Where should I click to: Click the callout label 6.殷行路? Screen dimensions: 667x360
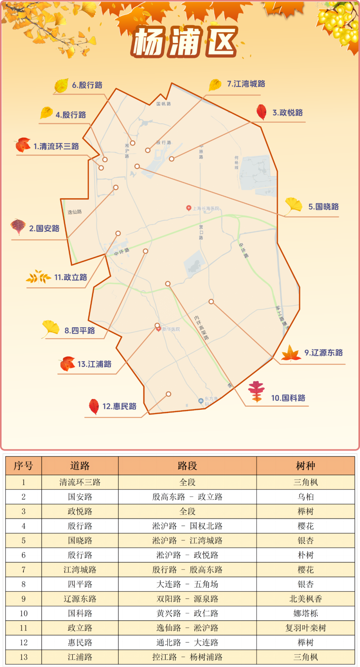click(x=87, y=85)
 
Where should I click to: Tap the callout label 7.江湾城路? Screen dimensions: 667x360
click(x=246, y=84)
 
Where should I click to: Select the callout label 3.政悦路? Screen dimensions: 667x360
click(x=288, y=113)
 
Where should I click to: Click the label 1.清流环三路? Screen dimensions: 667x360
click(x=56, y=146)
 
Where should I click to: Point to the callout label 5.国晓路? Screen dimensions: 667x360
click(x=323, y=207)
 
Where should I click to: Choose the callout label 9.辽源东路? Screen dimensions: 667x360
click(x=323, y=353)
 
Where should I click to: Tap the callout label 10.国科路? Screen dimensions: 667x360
click(x=288, y=398)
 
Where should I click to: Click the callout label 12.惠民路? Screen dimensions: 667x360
click(x=119, y=406)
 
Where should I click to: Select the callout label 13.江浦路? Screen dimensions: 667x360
click(x=94, y=364)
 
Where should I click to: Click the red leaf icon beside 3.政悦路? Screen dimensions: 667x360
click(x=262, y=112)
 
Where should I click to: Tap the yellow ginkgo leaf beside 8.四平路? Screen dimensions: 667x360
click(x=51, y=328)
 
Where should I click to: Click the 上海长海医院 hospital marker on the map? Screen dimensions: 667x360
click(x=189, y=208)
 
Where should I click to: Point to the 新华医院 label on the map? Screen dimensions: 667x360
click(x=171, y=329)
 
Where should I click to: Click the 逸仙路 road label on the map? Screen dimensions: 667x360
click(x=75, y=212)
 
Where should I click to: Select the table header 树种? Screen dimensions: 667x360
click(x=305, y=466)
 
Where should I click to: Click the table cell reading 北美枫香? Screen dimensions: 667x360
click(x=305, y=599)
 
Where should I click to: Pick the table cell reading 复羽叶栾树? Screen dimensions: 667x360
click(x=305, y=628)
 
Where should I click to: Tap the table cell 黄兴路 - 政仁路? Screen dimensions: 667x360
click(x=187, y=613)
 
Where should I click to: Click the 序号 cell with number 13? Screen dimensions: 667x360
click(x=23, y=657)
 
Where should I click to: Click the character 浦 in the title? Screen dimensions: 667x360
click(x=184, y=42)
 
